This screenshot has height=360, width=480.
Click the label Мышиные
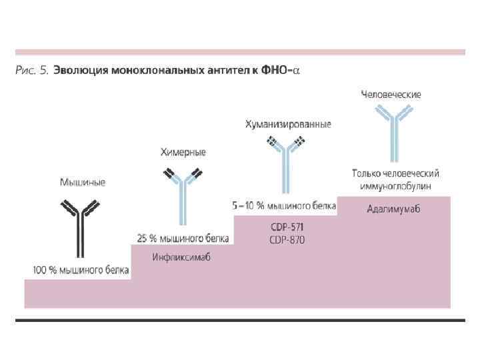pyautogui.click(x=83, y=182)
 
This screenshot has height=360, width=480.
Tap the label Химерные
pyautogui.click(x=183, y=153)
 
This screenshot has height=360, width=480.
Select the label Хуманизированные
pyautogui.click(x=288, y=125)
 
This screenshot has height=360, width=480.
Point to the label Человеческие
pyautogui.click(x=391, y=95)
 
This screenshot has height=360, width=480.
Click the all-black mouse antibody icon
pyautogui.click(x=81, y=227)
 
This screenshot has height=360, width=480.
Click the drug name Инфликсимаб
pyautogui.click(x=181, y=258)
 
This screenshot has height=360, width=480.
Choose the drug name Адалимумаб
pyautogui.click(x=393, y=209)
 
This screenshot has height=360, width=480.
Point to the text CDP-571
pyautogui.click(x=287, y=227)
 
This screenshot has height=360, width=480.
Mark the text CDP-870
pyautogui.click(x=287, y=239)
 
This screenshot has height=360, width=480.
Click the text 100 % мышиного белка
pyautogui.click(x=81, y=271)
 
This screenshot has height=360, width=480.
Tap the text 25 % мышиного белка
pyautogui.click(x=183, y=238)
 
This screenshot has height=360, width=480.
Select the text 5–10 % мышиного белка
pyautogui.click(x=284, y=206)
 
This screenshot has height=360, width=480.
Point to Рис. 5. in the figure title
pyautogui.click(x=32, y=70)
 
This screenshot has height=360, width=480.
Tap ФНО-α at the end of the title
pyautogui.click(x=283, y=70)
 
